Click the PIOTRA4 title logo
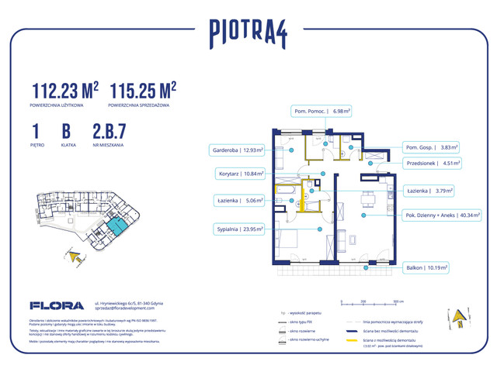[x=248, y=33]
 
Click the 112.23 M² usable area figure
[x=65, y=90]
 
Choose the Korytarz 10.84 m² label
[x=239, y=174]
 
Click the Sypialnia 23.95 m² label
[x=239, y=229]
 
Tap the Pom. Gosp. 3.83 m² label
[x=432, y=146]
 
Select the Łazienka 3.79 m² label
[x=430, y=190]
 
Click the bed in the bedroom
[x=290, y=240]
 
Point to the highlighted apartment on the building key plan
[x=116, y=226]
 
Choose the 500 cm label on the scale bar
[x=397, y=299]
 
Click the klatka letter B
[x=65, y=129]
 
